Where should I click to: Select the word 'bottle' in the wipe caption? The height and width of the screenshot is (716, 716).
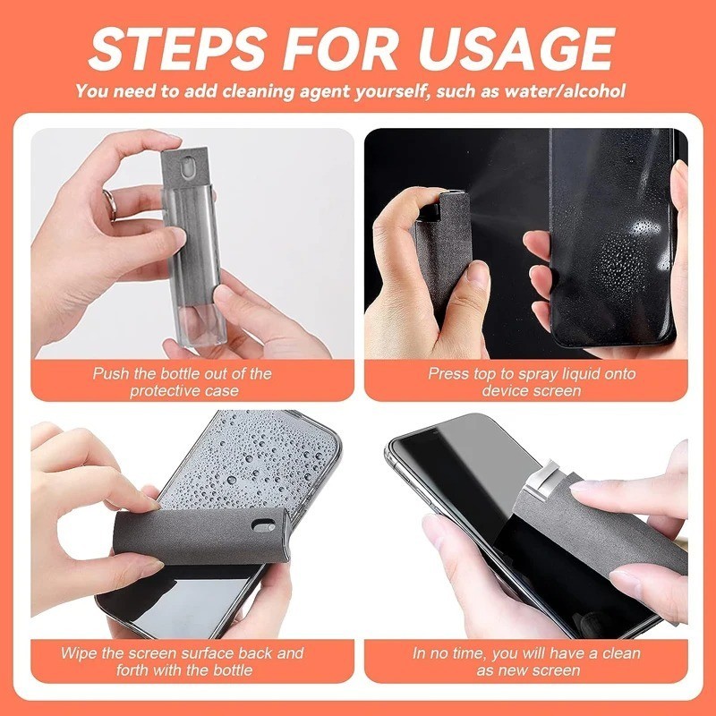pos(229,669)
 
